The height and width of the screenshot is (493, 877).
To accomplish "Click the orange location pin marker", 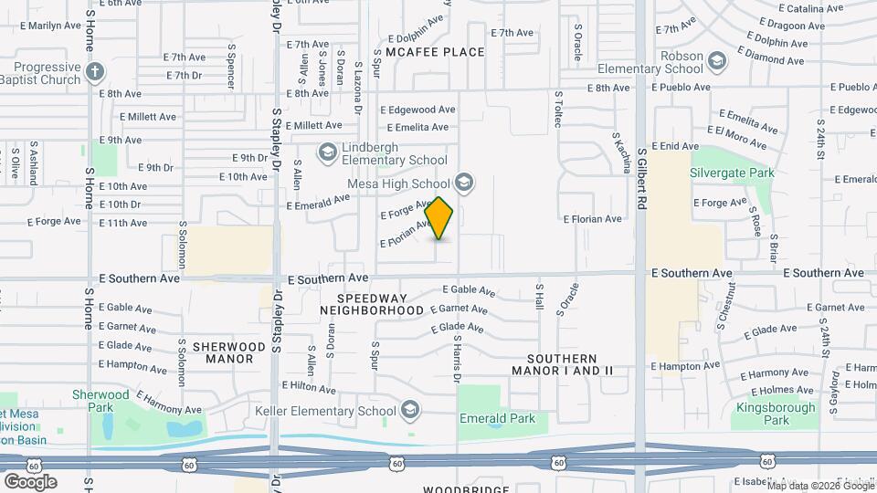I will pos(439,218).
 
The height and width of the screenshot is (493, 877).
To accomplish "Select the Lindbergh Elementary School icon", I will pos(326,151).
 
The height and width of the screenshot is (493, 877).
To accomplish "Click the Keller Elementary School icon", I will pos(410,409).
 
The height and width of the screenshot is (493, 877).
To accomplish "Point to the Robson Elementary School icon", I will pos(718,60).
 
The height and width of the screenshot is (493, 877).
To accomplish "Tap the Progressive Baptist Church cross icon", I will pos(94,71).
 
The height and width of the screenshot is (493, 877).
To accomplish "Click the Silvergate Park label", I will pos(733,173).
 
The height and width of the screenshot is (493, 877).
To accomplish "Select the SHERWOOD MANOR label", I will pos(223,353).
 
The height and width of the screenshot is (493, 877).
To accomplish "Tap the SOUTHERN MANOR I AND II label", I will pos(562,365).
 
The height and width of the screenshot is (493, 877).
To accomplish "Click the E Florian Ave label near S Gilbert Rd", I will pos(592,219).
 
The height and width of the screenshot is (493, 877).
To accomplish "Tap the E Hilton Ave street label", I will pos(310,387).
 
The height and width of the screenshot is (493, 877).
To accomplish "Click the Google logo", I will pos(30,481).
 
